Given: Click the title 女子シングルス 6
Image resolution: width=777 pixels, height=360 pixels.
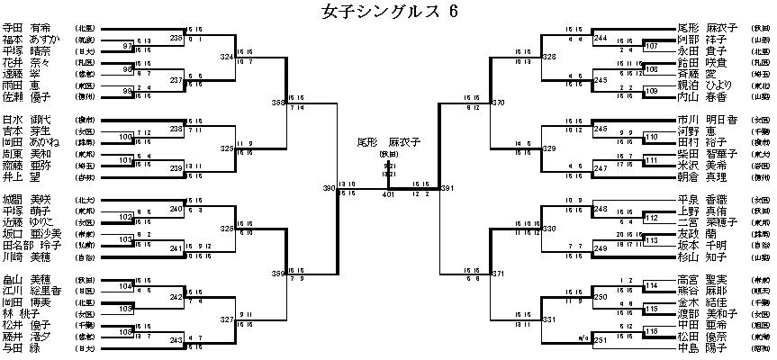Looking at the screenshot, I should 389,12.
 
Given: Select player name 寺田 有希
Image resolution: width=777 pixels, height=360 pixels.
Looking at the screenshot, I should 28,29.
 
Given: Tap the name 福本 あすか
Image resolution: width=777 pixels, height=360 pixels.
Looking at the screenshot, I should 32,40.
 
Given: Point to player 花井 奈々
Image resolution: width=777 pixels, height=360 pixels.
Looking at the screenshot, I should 28,62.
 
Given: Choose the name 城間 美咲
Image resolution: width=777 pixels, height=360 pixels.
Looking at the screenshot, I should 28,197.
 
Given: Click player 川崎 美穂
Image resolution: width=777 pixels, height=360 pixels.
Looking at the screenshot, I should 28,256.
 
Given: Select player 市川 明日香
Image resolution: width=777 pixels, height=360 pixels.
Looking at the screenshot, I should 707,119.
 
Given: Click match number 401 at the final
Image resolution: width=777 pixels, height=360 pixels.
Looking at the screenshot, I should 388,193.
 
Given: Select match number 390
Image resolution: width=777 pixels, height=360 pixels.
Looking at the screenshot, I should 329,188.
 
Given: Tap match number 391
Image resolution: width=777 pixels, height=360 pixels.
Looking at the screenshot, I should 447,188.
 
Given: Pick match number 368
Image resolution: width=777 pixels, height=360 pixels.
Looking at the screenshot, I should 277,103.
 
